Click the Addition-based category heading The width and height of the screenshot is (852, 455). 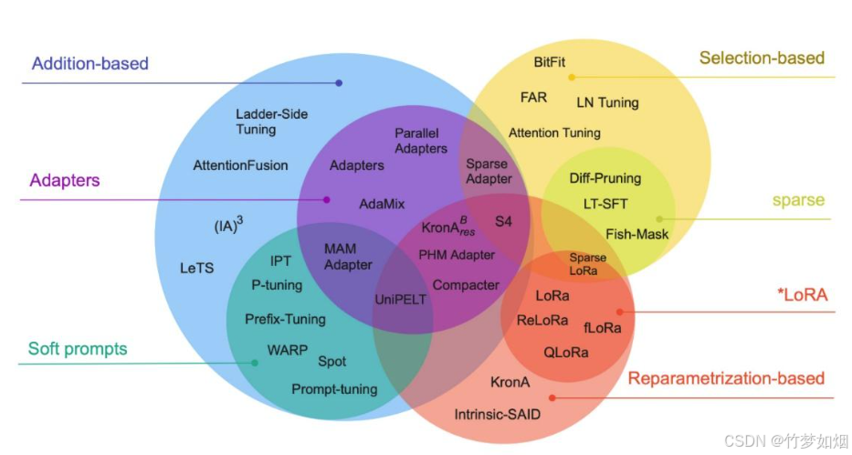click(x=89, y=64)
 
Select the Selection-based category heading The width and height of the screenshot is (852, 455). click(x=762, y=58)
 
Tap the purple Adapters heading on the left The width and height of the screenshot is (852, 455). click(x=65, y=180)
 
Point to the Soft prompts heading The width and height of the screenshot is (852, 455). click(x=78, y=348)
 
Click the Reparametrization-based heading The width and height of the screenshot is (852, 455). click(x=726, y=378)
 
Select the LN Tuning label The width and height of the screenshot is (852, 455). click(x=607, y=102)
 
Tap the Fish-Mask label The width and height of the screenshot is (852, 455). click(x=636, y=234)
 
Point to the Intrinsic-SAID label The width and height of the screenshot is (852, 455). click(x=497, y=414)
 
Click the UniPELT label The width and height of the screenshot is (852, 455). click(x=401, y=299)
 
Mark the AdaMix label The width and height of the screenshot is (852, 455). click(x=382, y=204)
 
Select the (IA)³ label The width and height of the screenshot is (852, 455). click(x=226, y=226)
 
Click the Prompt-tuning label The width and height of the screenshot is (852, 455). click(x=334, y=389)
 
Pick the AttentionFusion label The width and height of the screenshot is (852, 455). click(x=240, y=165)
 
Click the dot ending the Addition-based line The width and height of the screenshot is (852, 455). click(x=339, y=83)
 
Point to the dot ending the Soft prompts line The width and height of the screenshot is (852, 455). click(x=255, y=363)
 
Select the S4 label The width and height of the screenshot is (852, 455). click(x=503, y=221)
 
